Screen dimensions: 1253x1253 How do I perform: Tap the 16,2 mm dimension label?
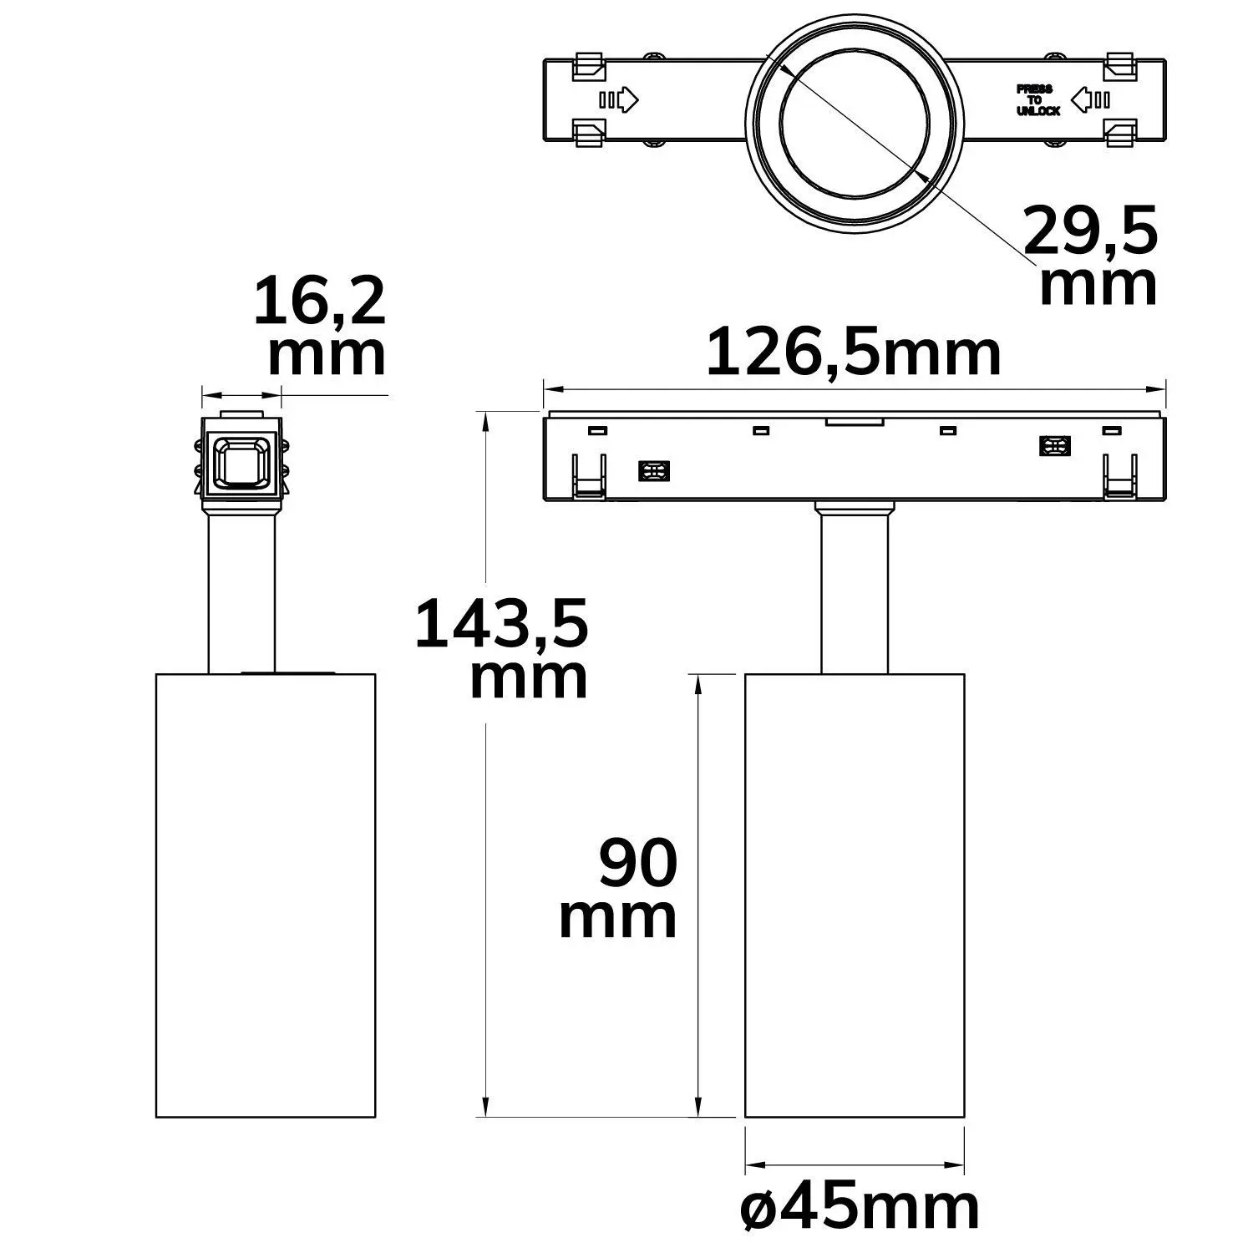click(x=321, y=327)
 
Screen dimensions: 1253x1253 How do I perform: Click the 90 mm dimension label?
click(x=618, y=890)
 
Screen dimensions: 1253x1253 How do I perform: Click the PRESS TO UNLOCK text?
click(x=1037, y=100)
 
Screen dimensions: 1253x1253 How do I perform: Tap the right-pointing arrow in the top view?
click(x=619, y=100)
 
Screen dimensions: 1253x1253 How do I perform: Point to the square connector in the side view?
click(x=241, y=462)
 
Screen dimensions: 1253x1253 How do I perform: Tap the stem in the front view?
click(x=854, y=593)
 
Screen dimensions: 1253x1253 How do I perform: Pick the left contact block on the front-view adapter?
click(x=653, y=471)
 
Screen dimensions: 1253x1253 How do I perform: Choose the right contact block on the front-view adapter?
click(x=1055, y=446)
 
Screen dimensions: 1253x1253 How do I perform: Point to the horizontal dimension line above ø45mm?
click(x=854, y=1165)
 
